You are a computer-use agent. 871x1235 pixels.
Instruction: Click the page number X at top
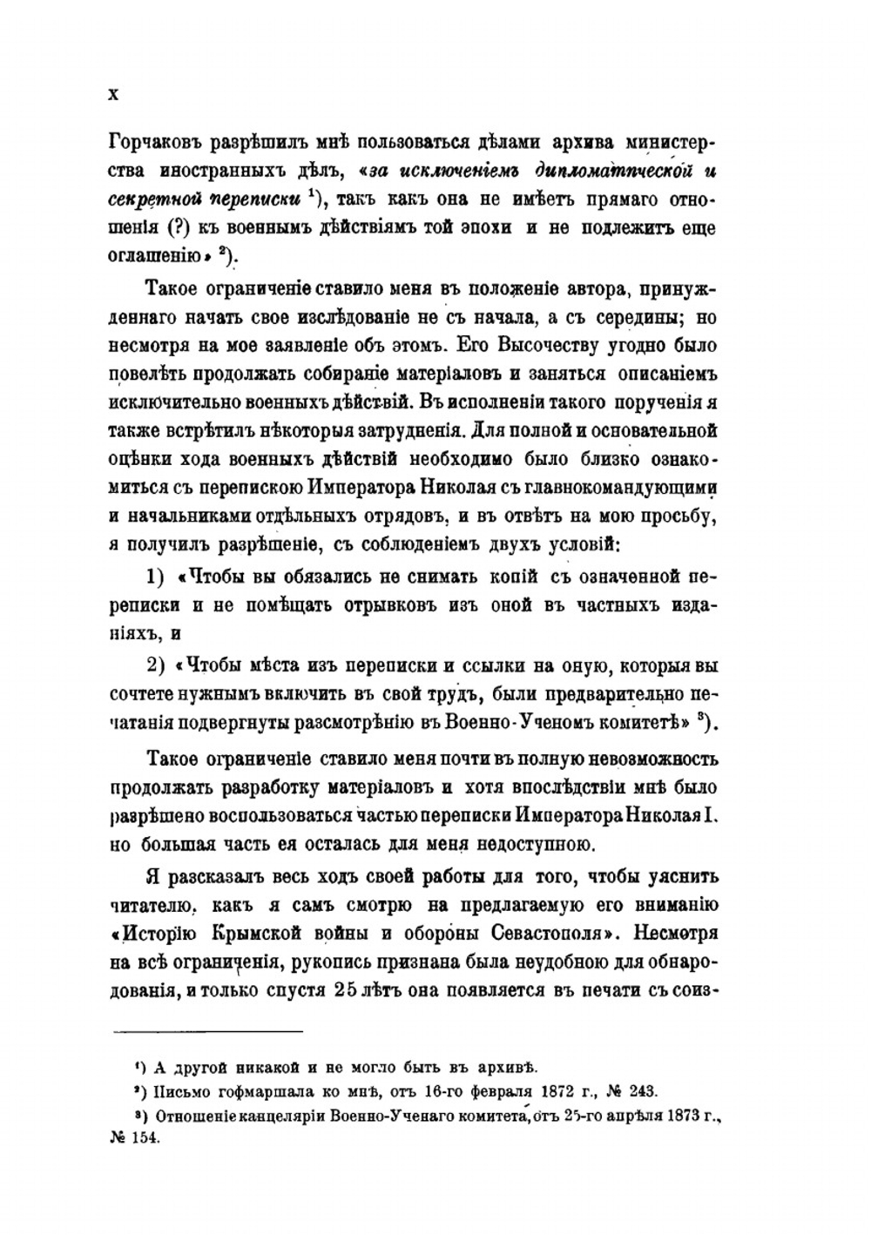(113, 94)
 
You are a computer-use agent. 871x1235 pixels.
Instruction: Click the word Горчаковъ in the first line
(152, 143)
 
